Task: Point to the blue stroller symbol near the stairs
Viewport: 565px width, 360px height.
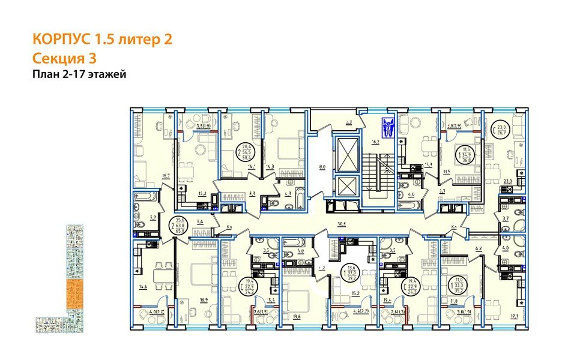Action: point(387,128)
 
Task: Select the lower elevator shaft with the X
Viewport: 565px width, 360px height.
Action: point(347,186)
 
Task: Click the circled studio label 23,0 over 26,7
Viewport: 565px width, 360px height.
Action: point(501,129)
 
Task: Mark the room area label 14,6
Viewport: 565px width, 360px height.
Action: point(144,287)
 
